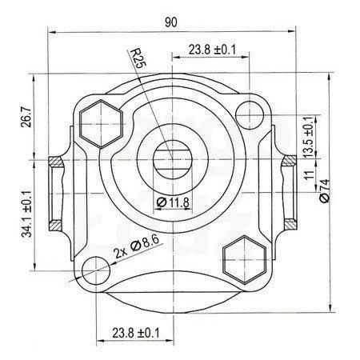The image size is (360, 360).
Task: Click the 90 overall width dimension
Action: [x=170, y=22]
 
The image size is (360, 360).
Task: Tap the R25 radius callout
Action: [x=137, y=58]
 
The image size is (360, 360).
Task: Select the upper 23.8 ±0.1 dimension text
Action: [x=212, y=50]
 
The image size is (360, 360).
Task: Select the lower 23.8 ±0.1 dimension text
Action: [x=136, y=333]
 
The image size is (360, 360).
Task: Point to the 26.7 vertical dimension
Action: [x=26, y=116]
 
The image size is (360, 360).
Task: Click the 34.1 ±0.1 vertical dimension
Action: [x=26, y=214]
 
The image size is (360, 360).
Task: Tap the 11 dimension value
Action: [x=310, y=175]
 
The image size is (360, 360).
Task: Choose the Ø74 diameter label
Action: [x=325, y=191]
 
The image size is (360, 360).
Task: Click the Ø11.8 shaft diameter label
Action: [x=173, y=202]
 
